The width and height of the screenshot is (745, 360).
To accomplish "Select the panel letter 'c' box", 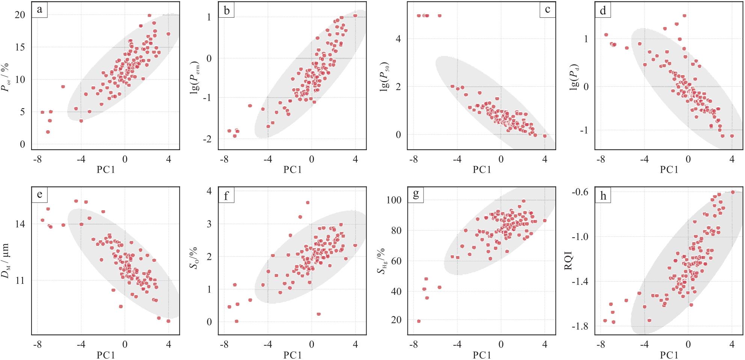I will coord(547,10).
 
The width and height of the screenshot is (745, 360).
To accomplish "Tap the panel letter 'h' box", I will coord(603,196).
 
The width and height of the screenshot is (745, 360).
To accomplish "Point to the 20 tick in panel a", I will coord(20,15).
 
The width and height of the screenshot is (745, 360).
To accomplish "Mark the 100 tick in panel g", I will coord(394,200).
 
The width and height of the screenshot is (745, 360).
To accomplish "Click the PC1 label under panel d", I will coord(669,170).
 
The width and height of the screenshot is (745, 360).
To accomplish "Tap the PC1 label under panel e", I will coord(106,355).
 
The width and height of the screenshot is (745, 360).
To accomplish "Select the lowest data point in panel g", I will coord(419,321).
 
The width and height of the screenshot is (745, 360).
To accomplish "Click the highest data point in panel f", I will coord(308,203).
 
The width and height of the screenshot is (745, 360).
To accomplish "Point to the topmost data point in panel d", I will coord(685,16).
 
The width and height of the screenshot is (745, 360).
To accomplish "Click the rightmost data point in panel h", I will coord(732,192).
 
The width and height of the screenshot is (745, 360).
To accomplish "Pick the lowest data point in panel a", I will coord(48,132).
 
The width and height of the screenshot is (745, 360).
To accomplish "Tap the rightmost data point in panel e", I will coord(168,321).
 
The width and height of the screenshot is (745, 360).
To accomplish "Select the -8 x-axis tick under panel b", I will coord(224,160).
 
